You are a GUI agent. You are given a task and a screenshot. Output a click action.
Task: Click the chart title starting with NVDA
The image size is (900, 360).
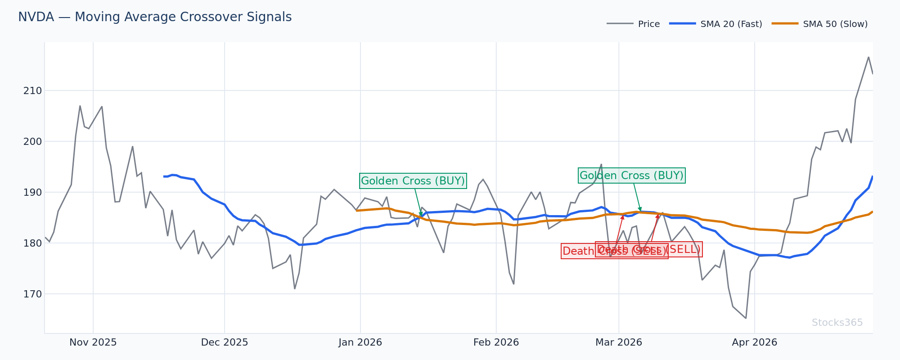155,17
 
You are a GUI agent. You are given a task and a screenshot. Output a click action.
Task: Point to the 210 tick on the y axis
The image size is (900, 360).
32,91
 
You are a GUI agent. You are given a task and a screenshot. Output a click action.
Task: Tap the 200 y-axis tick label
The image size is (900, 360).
32,142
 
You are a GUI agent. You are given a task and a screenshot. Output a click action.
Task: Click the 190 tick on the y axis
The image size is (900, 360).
32,193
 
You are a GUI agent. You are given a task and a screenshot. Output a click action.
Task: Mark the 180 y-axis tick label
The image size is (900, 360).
32,243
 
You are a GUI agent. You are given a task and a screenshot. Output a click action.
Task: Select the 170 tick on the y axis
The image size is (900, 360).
32,294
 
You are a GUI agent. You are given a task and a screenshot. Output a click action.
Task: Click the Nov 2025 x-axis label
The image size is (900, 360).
93,342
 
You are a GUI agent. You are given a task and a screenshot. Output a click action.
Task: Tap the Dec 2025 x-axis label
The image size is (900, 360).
225,342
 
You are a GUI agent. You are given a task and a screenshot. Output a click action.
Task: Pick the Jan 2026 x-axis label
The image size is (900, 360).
360,342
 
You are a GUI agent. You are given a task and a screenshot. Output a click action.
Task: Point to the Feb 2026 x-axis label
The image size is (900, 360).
496,342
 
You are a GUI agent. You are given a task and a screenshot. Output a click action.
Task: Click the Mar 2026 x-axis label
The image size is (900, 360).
619,342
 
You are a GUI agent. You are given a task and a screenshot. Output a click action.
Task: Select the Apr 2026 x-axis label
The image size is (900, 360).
755,342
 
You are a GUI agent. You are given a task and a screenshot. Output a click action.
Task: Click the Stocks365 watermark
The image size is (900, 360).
837,323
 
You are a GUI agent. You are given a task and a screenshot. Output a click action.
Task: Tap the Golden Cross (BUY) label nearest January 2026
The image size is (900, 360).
413,181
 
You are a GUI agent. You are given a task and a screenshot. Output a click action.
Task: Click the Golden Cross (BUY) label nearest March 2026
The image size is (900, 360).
631,175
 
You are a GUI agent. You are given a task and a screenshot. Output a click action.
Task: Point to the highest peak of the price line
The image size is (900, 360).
868,57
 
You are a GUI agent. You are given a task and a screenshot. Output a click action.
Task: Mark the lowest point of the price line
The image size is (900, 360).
746,318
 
